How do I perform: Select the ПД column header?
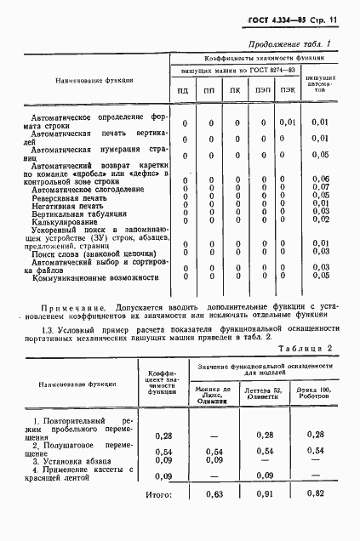[183, 89]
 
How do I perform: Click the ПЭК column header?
[289, 89]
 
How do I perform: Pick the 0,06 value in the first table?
[320, 179]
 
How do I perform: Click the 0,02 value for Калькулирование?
[320, 219]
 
